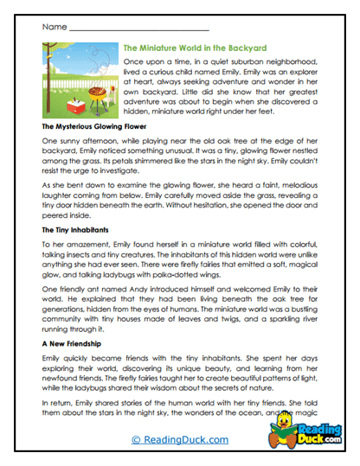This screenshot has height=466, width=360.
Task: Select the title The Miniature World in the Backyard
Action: pyautogui.click(x=196, y=48)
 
